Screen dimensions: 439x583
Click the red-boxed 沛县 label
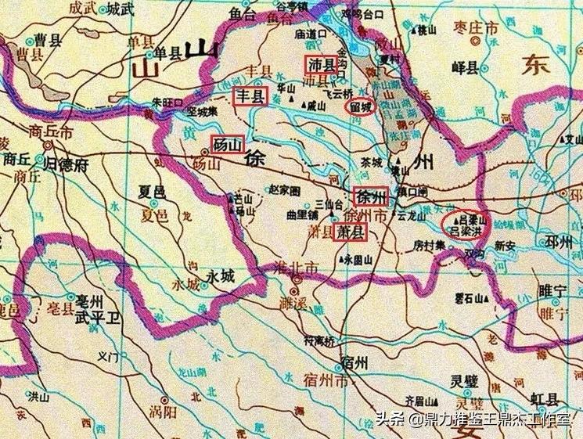click(321, 64)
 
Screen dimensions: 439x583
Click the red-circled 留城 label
click(361, 106)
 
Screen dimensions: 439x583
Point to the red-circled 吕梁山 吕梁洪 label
click(462, 224)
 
